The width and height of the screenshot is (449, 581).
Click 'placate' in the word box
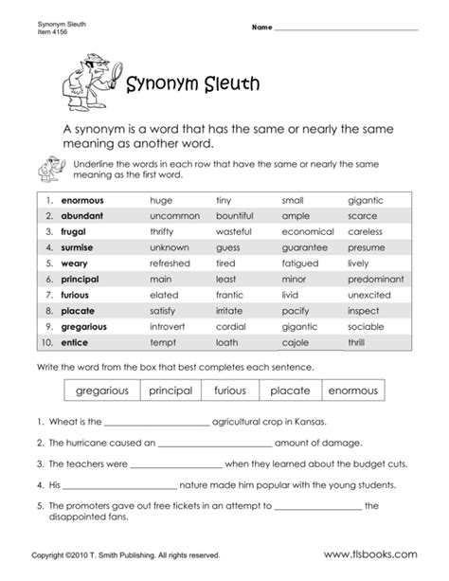pos(290,390)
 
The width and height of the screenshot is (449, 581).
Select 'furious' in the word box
pos(231,390)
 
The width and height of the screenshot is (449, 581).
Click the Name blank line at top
pos(345,29)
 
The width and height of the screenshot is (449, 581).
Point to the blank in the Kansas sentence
pos(154,423)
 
